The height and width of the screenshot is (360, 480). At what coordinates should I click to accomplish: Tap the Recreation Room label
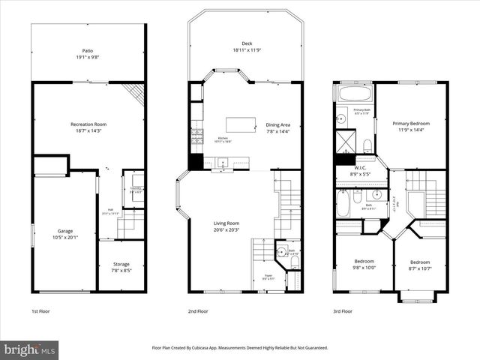point(88,127)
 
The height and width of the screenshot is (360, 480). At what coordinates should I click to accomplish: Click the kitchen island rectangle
point(240,123)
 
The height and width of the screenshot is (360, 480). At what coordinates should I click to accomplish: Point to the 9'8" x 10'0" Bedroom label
point(364,265)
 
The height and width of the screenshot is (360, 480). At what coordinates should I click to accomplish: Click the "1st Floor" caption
point(40,310)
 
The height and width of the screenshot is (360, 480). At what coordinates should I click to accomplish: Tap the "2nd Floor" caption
point(197,310)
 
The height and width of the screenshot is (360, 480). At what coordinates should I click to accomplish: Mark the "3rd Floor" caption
point(343,310)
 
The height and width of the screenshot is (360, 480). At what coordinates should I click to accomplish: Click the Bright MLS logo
point(30,349)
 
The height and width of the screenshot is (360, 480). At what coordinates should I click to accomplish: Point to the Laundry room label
point(136,190)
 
